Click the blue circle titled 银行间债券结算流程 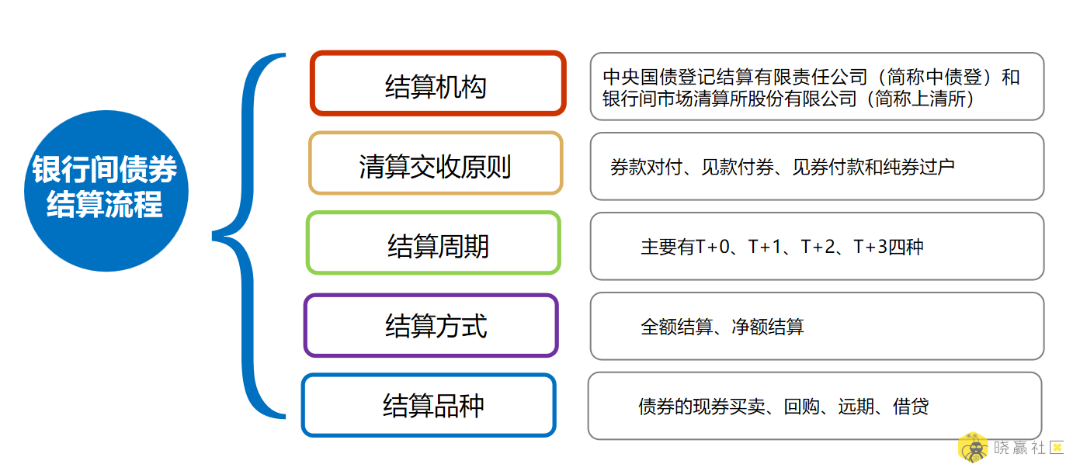106,191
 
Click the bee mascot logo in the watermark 972,448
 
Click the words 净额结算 768,327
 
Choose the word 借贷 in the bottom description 911,407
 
